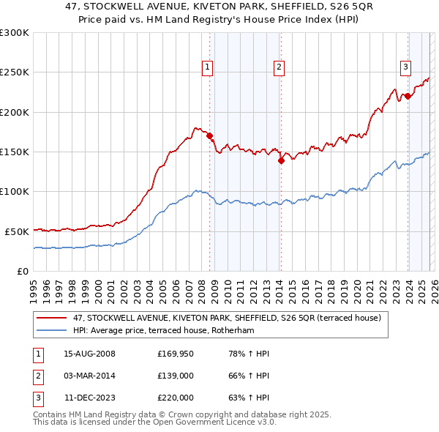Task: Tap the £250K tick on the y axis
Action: (15, 72)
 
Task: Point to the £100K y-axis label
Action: (15, 191)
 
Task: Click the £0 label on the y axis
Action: (22, 271)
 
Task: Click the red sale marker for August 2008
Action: (209, 135)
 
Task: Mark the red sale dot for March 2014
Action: (281, 160)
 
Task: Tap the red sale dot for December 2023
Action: (408, 96)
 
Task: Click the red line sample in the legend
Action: (53, 319)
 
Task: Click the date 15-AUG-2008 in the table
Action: (89, 354)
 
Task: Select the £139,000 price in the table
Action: (175, 376)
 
